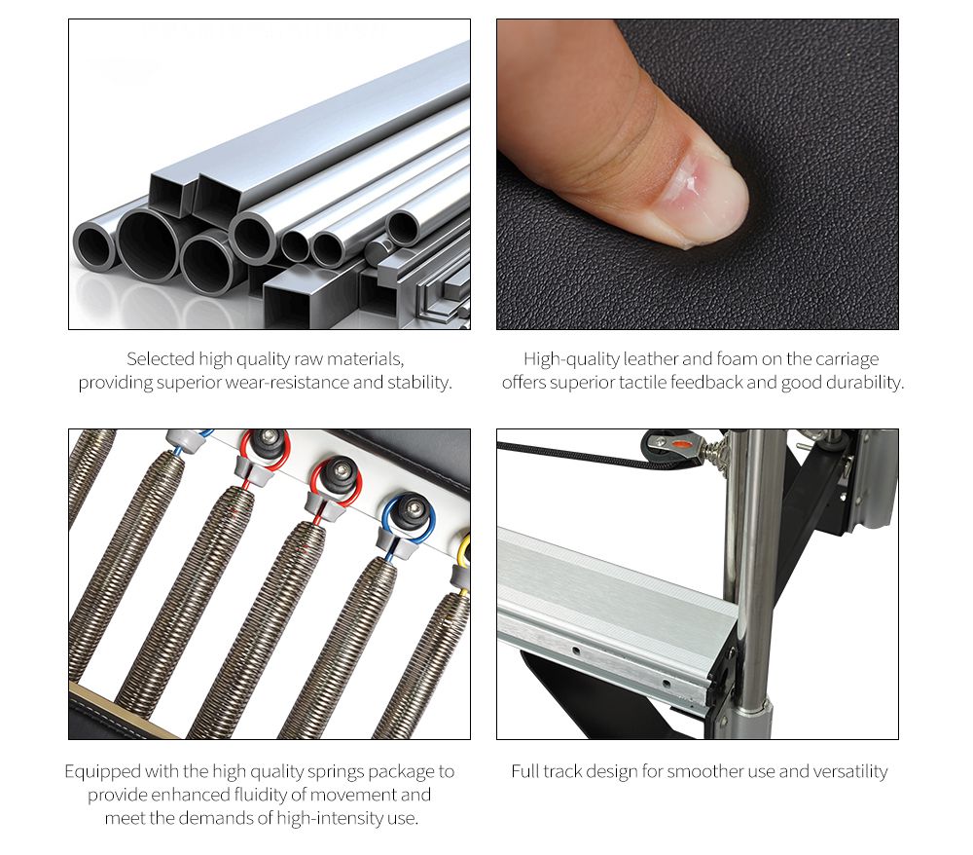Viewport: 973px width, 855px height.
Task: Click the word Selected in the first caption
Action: click(x=161, y=359)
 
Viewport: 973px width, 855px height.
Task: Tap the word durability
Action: click(x=863, y=383)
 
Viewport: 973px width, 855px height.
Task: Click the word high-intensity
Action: click(x=329, y=818)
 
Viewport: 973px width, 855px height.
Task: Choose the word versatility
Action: click(x=850, y=772)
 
